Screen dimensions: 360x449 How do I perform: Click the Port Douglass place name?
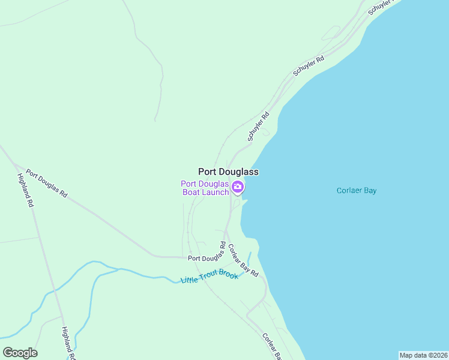[x=228, y=172]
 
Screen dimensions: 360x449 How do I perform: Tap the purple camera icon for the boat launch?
[x=238, y=188]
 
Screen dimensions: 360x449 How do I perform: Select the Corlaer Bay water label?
[x=356, y=191]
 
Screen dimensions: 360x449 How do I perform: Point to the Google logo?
[x=20, y=353]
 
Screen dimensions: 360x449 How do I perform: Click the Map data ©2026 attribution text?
[x=423, y=355]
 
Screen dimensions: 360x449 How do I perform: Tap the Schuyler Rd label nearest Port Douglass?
[x=259, y=127]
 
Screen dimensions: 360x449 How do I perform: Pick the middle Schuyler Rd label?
[x=309, y=65]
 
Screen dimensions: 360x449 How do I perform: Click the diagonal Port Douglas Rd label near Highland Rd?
[x=47, y=185]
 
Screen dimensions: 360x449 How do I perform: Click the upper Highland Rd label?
[x=26, y=190]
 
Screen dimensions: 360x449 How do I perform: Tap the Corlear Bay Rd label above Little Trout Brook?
[x=243, y=262]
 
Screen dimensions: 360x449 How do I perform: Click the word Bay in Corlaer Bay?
[x=369, y=191]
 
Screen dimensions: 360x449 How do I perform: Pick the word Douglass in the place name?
[x=240, y=172]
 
